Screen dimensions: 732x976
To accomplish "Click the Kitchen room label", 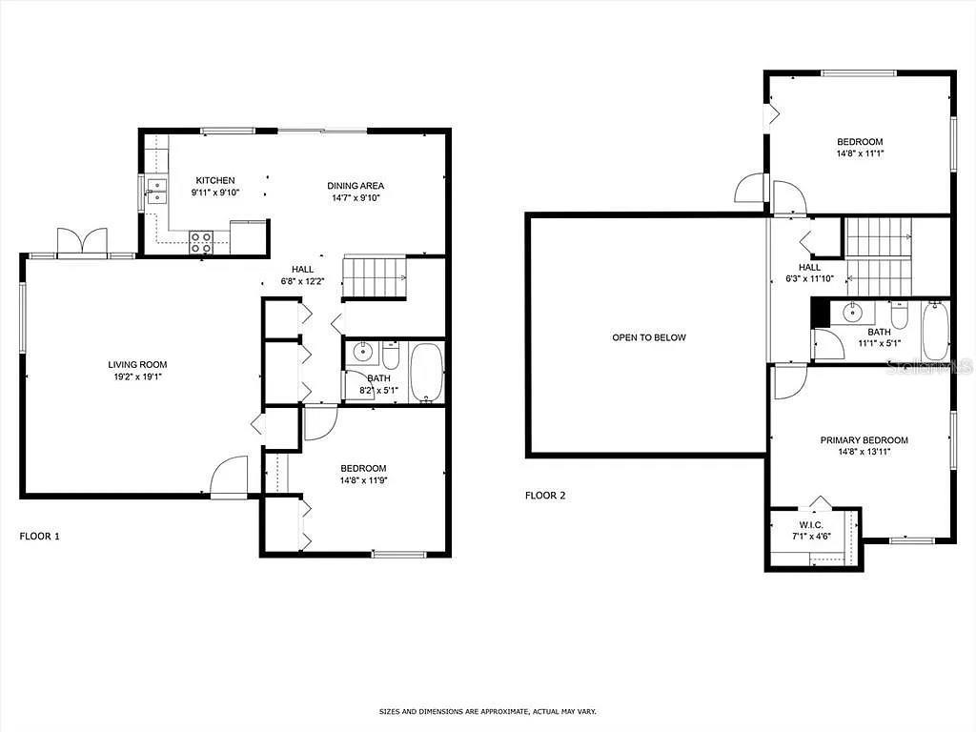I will click(x=214, y=180).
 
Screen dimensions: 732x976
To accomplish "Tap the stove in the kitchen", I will click(x=201, y=242).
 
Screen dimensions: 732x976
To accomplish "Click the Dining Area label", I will click(x=356, y=186).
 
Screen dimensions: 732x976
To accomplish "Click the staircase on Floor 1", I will click(x=375, y=276).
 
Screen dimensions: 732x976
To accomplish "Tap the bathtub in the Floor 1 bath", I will click(x=426, y=373).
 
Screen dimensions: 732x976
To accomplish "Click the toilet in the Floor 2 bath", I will click(x=899, y=315).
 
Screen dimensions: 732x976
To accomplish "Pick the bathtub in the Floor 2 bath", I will click(x=935, y=330).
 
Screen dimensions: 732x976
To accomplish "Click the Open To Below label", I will click(x=648, y=337).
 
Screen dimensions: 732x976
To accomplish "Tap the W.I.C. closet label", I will click(x=812, y=525).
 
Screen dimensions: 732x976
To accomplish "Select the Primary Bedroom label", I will click(x=864, y=440).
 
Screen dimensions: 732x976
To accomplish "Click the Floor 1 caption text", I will click(x=40, y=537).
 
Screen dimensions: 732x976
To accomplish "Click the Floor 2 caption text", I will click(x=545, y=496).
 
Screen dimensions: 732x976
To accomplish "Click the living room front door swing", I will click(x=229, y=477).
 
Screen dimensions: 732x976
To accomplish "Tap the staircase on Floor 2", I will click(x=879, y=255).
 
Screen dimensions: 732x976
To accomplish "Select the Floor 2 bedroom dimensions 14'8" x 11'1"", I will click(x=860, y=153).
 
